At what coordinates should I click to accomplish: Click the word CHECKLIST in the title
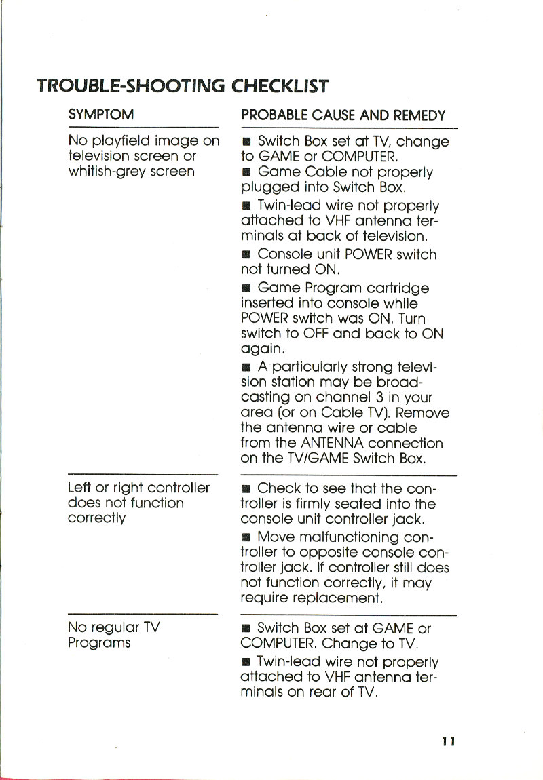pyautogui.click(x=280, y=86)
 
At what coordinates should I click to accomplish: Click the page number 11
pyautogui.click(x=447, y=741)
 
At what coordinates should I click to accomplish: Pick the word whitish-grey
pyautogui.click(x=102, y=172)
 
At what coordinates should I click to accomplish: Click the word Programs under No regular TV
pyautogui.click(x=99, y=643)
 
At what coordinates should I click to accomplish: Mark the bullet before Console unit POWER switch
pyautogui.click(x=248, y=254)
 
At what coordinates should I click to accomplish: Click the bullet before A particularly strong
pyautogui.click(x=248, y=368)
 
